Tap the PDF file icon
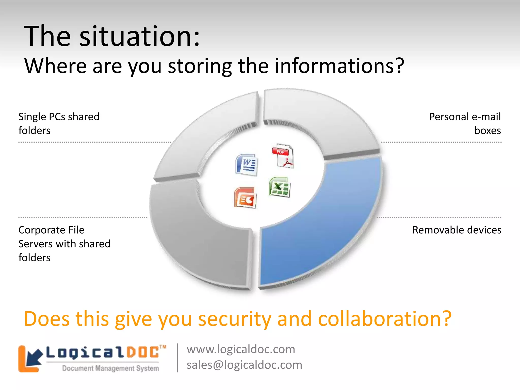pos(283,156)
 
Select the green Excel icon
pos(279,187)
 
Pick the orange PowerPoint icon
pos(245,198)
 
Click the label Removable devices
pos(457,230)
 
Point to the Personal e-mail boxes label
pos(465,123)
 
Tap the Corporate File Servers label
pos(64,244)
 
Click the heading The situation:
pos(112,36)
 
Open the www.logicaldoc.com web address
pos(241,349)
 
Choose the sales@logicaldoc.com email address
pos(244,365)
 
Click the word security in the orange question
pos(235,319)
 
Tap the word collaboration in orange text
pos(381,319)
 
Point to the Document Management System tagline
pos(110,368)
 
